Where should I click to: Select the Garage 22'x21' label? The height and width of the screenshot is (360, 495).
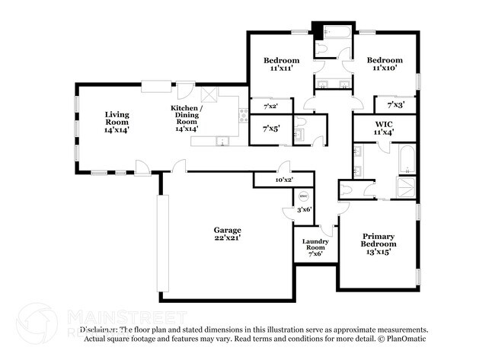tap(227, 234)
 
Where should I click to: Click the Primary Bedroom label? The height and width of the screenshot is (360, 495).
tap(378, 244)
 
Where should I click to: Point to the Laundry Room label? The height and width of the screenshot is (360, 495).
tap(315, 248)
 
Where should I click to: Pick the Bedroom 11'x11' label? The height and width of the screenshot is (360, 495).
tap(281, 64)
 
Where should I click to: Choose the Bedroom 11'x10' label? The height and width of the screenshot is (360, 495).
tap(384, 64)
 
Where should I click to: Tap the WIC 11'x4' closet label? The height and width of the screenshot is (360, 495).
tap(383, 128)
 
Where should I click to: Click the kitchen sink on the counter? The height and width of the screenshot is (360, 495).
tap(222, 139)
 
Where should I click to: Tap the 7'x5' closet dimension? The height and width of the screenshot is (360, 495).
tap(271, 129)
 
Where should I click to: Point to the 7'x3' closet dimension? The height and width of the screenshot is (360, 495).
tap(395, 105)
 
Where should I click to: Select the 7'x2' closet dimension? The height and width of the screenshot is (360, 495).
tap(271, 107)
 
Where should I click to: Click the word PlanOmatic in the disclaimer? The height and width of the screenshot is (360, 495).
tap(410, 337)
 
